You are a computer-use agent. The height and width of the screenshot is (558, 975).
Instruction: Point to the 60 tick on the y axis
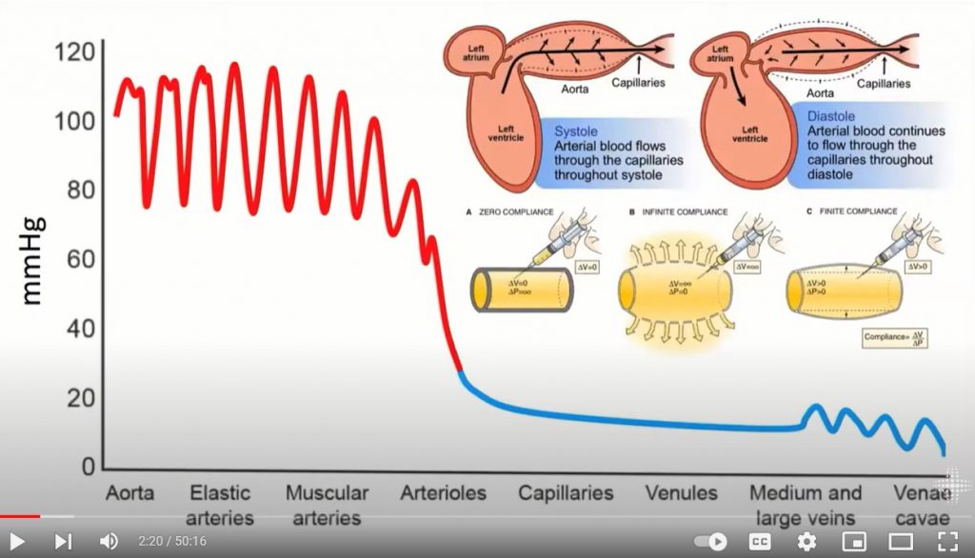[x=80, y=259]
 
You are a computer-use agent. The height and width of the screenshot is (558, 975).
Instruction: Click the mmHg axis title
[x=32, y=260]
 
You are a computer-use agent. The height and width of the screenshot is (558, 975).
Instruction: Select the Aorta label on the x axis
[x=129, y=493]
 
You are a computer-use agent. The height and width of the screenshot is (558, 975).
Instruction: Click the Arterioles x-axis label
[x=443, y=493]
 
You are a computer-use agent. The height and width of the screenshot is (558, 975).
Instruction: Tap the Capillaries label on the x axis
[x=566, y=493]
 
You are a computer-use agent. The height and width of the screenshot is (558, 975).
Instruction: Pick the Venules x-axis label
[x=682, y=493]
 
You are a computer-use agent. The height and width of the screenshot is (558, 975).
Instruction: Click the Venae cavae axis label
[x=922, y=506]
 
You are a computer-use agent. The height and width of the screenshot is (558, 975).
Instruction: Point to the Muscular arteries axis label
[x=327, y=506]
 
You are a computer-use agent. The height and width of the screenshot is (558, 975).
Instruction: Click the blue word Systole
[x=577, y=131]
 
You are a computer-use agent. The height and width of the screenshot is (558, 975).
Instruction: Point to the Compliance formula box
[x=895, y=337]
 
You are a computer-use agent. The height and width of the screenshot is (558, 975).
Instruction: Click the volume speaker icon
[x=109, y=541]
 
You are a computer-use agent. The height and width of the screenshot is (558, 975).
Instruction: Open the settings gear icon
[x=806, y=541]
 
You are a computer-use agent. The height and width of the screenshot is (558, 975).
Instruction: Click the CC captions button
[x=760, y=541]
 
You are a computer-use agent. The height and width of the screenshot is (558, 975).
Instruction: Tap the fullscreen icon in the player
[x=946, y=541]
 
